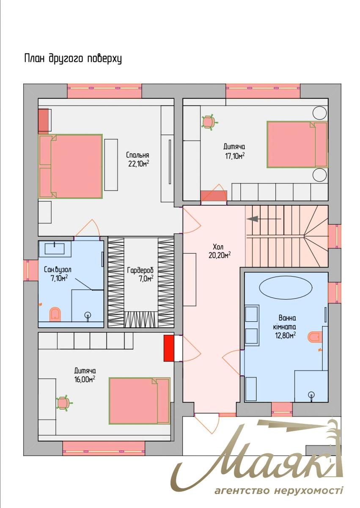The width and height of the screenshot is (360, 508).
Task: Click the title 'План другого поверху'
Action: click(x=73, y=59)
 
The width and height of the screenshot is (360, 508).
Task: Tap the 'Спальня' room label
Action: click(x=137, y=155)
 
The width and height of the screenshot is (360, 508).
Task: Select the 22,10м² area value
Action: click(x=138, y=164)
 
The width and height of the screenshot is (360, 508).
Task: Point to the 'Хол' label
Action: click(x=218, y=246)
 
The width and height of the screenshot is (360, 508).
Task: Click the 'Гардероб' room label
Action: click(x=140, y=271)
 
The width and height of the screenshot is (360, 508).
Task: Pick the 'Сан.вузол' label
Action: click(x=58, y=270)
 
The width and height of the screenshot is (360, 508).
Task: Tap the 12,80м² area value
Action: click(x=285, y=335)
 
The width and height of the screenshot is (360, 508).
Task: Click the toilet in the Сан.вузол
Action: click(x=55, y=314)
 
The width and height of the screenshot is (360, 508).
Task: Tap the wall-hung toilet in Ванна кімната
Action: click(x=315, y=336)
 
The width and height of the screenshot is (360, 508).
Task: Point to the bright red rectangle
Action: click(x=168, y=348)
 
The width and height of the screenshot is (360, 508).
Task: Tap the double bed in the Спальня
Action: click(x=70, y=166)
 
